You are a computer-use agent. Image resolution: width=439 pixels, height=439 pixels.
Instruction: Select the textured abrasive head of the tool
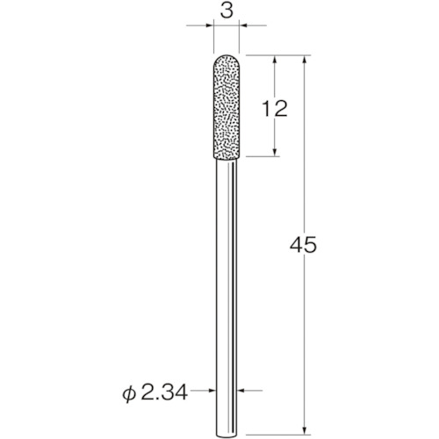(225, 110)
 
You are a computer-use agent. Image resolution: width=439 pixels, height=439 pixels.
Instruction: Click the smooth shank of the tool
(225, 281)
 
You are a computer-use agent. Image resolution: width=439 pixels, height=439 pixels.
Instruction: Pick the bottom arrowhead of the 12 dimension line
(277, 154)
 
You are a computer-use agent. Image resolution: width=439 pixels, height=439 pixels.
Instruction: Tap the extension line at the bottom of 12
(263, 158)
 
